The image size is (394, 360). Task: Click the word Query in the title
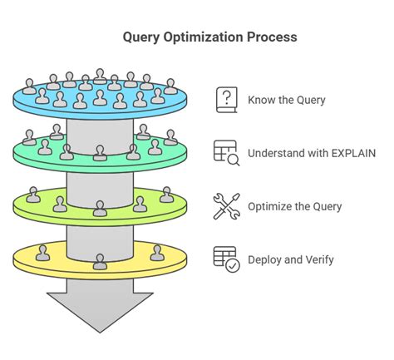(142, 37)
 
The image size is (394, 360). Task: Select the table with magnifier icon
(225, 153)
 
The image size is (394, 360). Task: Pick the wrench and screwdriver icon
(225, 206)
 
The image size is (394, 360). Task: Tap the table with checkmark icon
(225, 259)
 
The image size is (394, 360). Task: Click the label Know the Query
(286, 101)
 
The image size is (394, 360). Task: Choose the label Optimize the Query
(294, 206)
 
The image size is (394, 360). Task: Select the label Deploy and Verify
(291, 259)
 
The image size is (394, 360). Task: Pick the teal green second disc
(33, 154)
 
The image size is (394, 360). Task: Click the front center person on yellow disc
(100, 263)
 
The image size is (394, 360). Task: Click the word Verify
(318, 259)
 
